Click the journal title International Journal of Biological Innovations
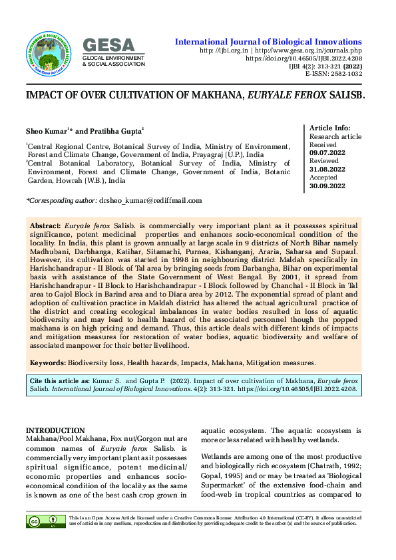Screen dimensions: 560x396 (x=268, y=41)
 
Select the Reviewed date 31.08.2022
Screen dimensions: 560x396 (x=327, y=170)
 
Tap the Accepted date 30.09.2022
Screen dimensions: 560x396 (x=327, y=186)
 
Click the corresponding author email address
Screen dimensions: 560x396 (x=150, y=200)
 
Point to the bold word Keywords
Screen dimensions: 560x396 (x=48, y=363)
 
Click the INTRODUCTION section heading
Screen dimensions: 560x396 (x=55, y=431)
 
